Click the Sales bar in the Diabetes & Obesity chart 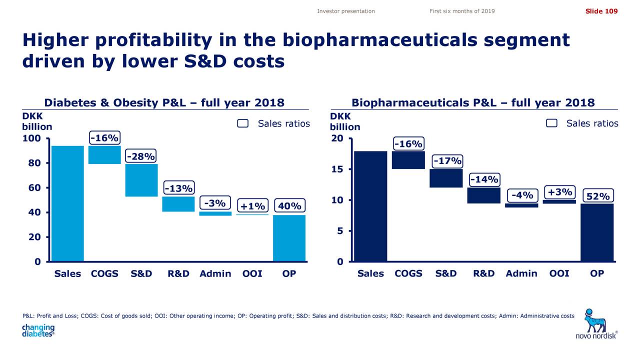tap(67, 203)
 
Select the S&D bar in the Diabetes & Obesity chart tap(141, 180)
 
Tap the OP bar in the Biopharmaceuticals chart tap(596, 232)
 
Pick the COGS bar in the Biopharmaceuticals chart tap(408, 160)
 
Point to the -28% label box tap(140, 156)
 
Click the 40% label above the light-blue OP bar tap(289, 206)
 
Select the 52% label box tap(598, 196)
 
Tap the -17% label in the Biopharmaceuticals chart tap(447, 161)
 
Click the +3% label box tap(559, 192)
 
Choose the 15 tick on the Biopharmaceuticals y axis tap(337, 169)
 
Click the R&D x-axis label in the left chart tap(178, 273)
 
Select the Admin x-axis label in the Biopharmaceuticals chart tap(521, 273)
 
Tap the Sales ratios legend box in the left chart tap(243, 124)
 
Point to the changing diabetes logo tap(38, 331)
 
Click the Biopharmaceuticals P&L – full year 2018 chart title tap(473, 103)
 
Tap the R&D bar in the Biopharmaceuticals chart tap(483, 195)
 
